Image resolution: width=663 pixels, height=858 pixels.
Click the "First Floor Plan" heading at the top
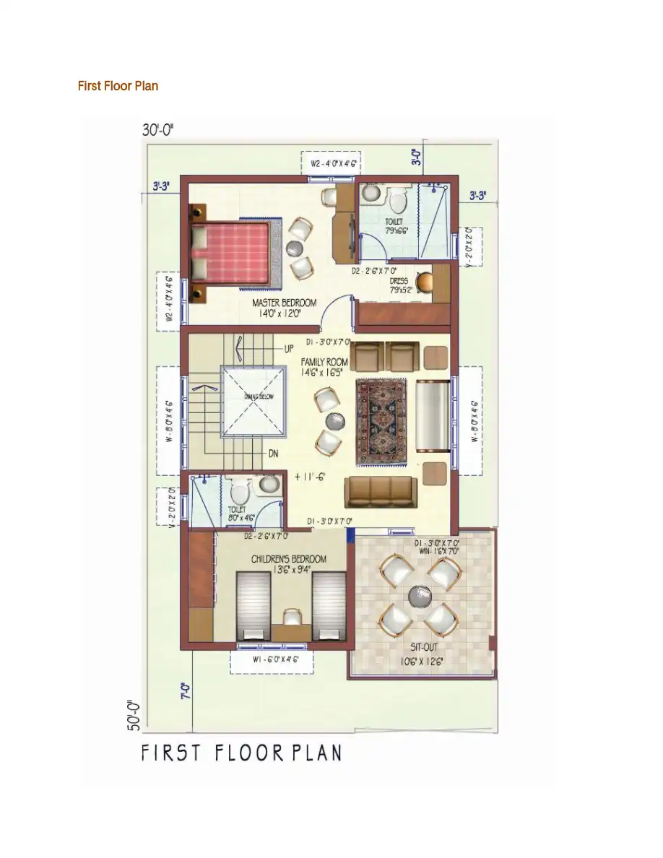tap(118, 86)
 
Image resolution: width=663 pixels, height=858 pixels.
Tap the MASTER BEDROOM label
tap(274, 308)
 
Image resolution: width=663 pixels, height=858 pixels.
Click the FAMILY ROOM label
tap(324, 367)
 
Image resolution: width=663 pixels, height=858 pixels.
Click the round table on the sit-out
tap(420, 596)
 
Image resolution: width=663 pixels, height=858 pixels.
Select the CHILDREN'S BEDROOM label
tap(288, 564)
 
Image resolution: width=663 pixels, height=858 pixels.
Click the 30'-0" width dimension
tap(158, 130)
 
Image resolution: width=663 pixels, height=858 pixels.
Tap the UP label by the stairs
tap(289, 348)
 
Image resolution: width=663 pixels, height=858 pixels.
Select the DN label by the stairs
tap(274, 454)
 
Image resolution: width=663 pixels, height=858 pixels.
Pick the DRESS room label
tap(399, 286)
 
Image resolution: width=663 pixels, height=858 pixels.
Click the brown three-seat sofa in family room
tap(381, 491)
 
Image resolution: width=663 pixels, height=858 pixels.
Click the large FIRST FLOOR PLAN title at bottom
tap(241, 753)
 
